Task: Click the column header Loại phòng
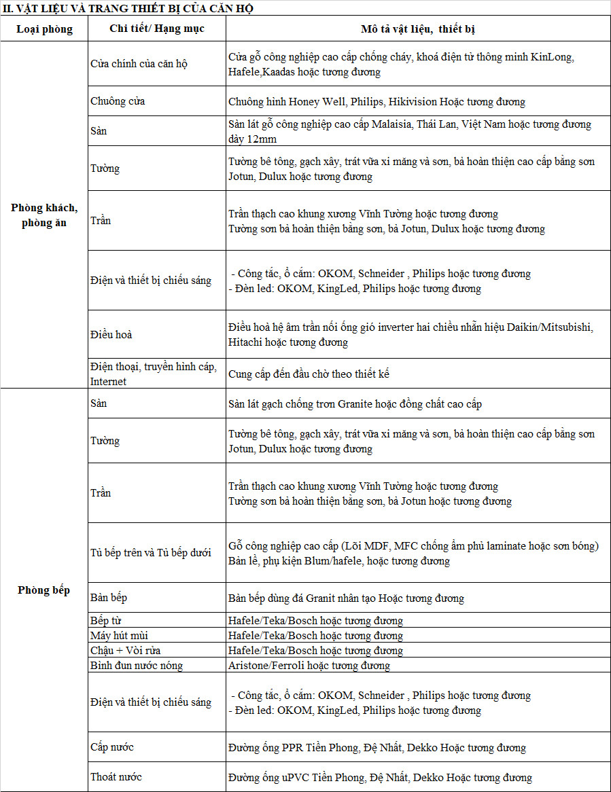(44, 29)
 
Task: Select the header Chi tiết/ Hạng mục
(156, 29)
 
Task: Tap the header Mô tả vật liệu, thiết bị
(417, 29)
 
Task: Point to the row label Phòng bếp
(44, 590)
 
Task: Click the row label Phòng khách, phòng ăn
(44, 215)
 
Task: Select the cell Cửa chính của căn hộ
(139, 64)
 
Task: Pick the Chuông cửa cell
(118, 101)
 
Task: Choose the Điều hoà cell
(111, 335)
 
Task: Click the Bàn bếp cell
(109, 598)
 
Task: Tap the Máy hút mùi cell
(120, 635)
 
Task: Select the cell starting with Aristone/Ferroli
(309, 665)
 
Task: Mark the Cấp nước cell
(112, 747)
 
